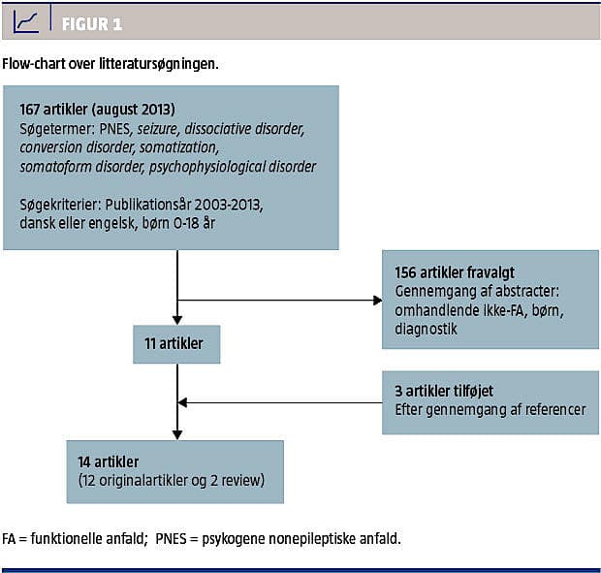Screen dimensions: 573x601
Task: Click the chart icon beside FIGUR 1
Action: pyautogui.click(x=26, y=21)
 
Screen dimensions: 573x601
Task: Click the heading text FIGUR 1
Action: pyautogui.click(x=92, y=23)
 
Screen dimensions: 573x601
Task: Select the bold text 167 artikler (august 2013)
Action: pyautogui.click(x=97, y=109)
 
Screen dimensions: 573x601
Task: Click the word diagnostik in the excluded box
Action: pyautogui.click(x=425, y=329)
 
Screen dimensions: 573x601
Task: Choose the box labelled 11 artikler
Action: pyautogui.click(x=175, y=343)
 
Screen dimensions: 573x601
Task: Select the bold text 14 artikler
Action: pyautogui.click(x=109, y=462)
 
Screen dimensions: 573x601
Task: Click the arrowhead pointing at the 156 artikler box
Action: pyautogui.click(x=378, y=300)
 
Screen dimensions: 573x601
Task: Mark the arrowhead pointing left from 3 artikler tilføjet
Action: pyautogui.click(x=182, y=402)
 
